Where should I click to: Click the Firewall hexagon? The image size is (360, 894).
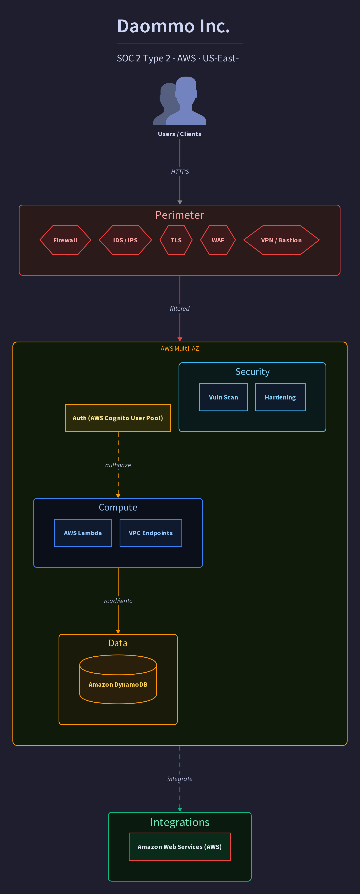[65, 240]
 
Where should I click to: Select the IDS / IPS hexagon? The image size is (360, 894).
[125, 240]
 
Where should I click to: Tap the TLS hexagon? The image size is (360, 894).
[176, 240]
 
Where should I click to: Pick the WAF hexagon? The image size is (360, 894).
[218, 240]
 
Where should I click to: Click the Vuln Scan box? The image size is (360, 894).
[224, 397]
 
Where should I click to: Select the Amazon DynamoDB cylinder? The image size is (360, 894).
[118, 679]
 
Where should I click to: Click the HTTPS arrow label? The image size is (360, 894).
[180, 172]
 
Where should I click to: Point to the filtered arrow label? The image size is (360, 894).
[180, 309]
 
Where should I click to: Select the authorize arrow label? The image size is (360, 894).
[118, 465]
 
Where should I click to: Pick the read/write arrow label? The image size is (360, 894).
[118, 601]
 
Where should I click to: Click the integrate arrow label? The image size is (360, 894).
[180, 779]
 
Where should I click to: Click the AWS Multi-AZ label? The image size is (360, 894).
[180, 348]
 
